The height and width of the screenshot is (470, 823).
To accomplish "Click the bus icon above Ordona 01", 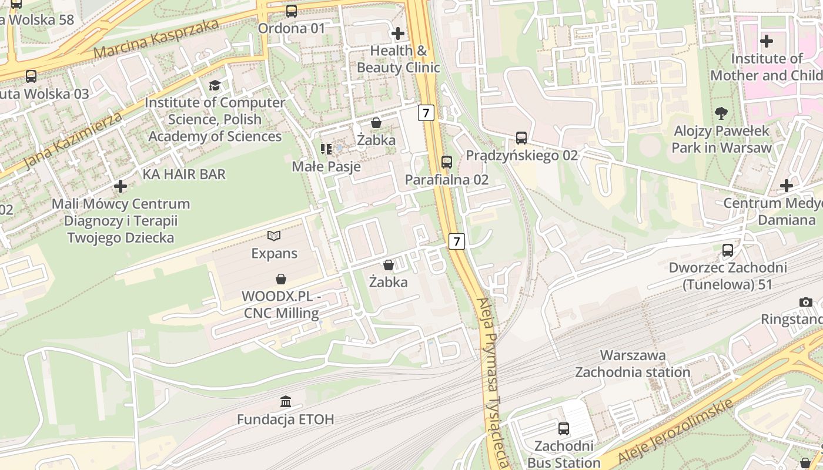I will tap(291, 11).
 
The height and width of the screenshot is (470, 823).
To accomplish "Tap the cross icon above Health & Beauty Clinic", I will tap(398, 33).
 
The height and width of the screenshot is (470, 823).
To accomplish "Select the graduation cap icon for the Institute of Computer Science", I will tap(215, 85).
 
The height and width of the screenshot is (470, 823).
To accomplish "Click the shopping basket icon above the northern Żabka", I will tap(376, 123).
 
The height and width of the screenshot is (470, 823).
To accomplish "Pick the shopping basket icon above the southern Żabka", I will tap(388, 265).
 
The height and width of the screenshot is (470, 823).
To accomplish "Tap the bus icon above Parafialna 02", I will tap(447, 162).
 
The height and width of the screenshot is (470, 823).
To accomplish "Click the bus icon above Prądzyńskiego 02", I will tap(521, 138).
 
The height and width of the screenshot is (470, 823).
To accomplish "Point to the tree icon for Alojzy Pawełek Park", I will tap(721, 113).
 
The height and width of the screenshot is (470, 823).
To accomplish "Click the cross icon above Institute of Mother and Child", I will tap(766, 41).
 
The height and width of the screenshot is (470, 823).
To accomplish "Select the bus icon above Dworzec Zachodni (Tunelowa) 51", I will tap(728, 250).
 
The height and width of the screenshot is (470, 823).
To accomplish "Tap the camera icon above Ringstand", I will tap(806, 302).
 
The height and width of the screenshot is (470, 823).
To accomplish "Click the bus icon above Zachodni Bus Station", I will tap(564, 428).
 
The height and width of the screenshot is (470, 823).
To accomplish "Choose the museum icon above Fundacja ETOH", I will tap(286, 402).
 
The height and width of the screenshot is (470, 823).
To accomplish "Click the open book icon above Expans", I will tap(274, 236).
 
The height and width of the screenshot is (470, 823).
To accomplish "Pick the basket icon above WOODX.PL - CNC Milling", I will tap(282, 278).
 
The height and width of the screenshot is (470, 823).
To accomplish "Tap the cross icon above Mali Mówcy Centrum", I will tap(121, 186).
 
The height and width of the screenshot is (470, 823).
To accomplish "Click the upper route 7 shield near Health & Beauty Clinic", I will tap(426, 112).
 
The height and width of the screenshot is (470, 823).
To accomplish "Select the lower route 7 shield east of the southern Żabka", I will tap(457, 240).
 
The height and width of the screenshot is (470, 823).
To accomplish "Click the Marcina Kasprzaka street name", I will tap(156, 38).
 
